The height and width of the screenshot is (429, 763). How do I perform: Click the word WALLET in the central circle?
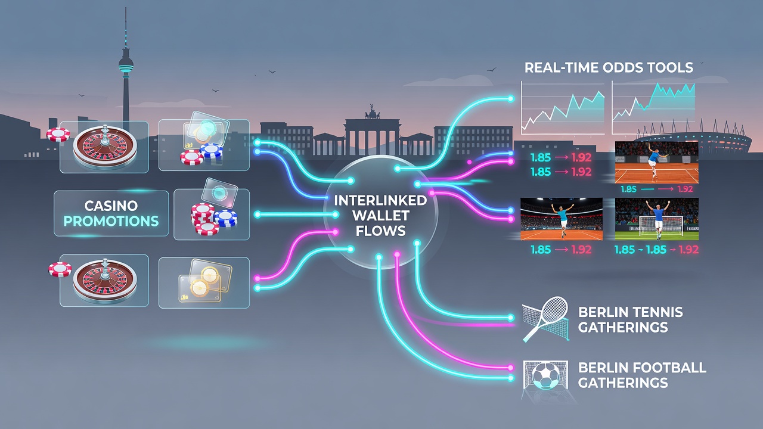pos(380,216)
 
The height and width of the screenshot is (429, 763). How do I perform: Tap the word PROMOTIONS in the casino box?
pos(111,221)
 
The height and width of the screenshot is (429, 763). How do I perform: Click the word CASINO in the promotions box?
pos(111,206)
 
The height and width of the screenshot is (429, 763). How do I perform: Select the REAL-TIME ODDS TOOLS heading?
pos(609,67)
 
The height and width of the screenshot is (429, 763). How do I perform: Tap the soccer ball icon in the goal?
pos(545,375)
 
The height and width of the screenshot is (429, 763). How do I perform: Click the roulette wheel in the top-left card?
pos(105,147)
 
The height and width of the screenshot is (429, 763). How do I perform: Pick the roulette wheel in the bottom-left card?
pos(105,281)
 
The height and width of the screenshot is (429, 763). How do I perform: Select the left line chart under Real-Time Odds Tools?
pos(563,108)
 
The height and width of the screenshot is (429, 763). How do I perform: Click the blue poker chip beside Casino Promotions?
pos(225,218)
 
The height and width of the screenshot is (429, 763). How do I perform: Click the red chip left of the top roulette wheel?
pos(58,135)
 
